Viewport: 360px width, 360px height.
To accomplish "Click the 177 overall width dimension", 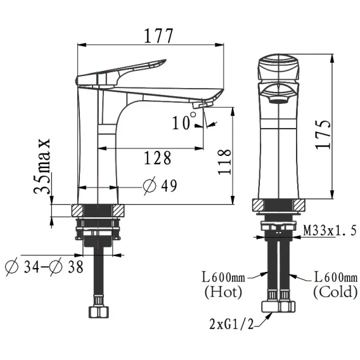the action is click(x=158, y=36).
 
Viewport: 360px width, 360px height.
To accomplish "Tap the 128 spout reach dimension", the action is click(x=157, y=158).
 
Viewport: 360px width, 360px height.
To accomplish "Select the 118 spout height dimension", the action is click(x=224, y=162).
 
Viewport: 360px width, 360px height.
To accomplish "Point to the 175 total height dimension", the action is click(x=323, y=134).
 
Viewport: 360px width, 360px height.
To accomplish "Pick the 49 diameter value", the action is click(x=169, y=186).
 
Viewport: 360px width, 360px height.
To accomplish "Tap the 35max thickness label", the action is click(x=42, y=167).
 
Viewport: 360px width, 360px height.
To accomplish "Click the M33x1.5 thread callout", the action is click(x=330, y=231).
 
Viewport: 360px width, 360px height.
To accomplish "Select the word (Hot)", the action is click(x=223, y=292).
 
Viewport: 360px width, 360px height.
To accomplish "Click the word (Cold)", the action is click(x=335, y=292).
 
